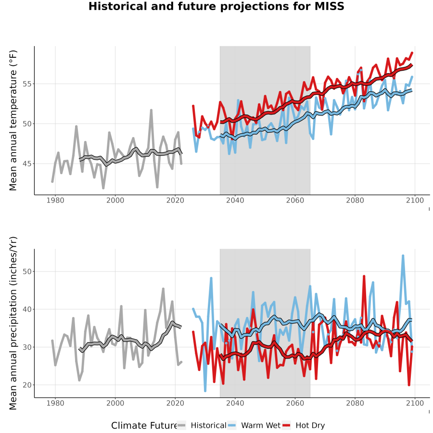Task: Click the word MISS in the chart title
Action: pos(330,6)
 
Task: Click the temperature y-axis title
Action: pos(13,120)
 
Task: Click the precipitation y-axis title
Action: pos(13,323)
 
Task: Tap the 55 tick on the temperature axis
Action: pos(26,84)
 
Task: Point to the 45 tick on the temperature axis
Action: pos(26,164)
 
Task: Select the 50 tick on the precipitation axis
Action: pos(26,272)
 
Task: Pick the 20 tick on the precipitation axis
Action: pos(26,385)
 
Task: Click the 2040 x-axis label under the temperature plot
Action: pos(235,200)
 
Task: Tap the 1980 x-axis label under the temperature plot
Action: pos(55,200)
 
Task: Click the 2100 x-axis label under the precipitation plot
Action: pos(415,403)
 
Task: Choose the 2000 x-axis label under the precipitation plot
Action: pos(115,403)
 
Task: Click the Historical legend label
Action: pos(208,425)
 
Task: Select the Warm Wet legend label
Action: pos(261,425)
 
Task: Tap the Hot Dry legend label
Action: pos(310,425)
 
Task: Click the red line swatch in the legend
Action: pos(286,425)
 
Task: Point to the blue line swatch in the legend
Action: pos(232,425)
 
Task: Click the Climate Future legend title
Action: pos(144,425)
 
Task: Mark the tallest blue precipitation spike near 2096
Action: pos(403,256)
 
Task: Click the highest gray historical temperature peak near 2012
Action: pos(152,110)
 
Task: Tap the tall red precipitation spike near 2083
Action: pos(364,276)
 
